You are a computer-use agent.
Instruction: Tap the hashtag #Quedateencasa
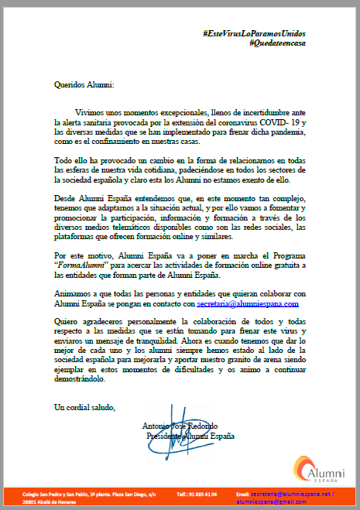(x=278, y=43)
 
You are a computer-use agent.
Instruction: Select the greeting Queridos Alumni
(x=84, y=84)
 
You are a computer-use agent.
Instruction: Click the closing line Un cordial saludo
(x=84, y=406)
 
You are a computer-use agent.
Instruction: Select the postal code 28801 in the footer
(x=30, y=501)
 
